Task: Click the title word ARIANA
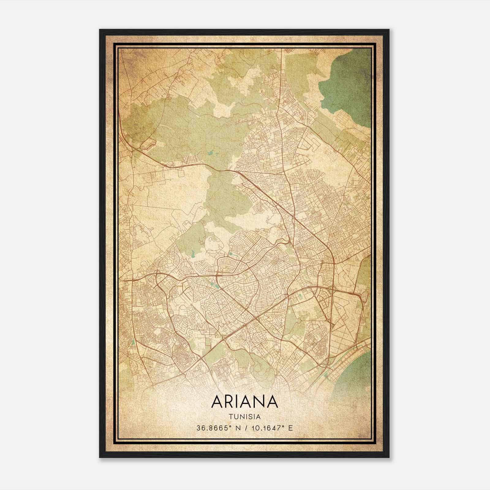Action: (244, 402)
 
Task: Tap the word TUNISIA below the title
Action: (244, 417)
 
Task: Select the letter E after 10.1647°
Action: (291, 428)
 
